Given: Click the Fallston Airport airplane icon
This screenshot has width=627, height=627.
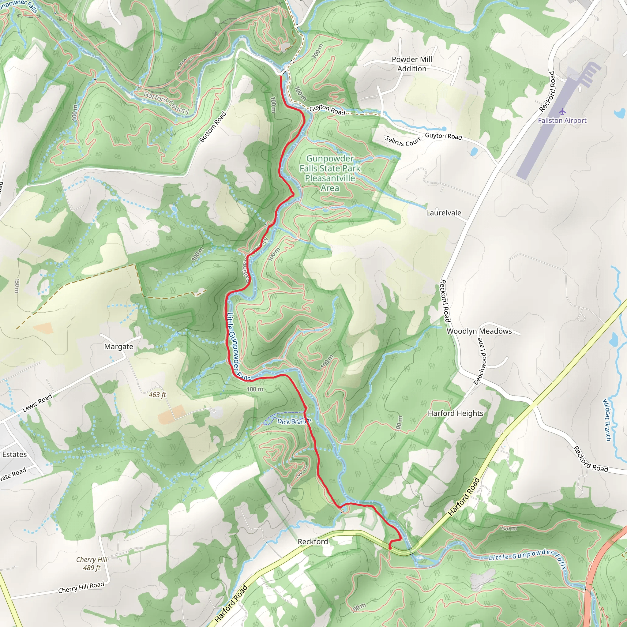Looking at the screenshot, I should click(x=562, y=112).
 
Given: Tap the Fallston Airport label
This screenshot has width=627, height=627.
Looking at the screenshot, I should click(x=562, y=120).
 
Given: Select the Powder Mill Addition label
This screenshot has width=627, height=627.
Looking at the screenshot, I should click(x=411, y=64).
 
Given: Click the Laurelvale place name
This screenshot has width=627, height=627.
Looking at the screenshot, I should click(x=443, y=213).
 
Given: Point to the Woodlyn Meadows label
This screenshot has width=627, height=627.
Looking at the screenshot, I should click(x=479, y=331).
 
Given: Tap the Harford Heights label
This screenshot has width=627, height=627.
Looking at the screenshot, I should click(x=455, y=413).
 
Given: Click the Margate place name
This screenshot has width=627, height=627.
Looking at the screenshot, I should click(x=118, y=347).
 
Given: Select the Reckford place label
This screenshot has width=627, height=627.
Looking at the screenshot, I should click(x=313, y=542).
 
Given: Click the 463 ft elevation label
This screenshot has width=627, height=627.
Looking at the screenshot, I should click(x=157, y=395).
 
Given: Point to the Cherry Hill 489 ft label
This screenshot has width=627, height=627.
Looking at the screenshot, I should click(x=92, y=563).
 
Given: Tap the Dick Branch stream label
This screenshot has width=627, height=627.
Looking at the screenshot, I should click(x=294, y=421).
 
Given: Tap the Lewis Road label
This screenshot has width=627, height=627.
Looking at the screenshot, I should click(x=37, y=403).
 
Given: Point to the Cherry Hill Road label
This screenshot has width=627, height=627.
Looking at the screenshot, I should click(x=81, y=588).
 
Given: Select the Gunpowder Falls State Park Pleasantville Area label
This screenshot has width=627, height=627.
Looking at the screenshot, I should click(x=330, y=173).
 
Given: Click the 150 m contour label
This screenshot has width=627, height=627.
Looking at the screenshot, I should click(x=17, y=286).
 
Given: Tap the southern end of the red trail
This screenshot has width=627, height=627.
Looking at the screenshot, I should click(x=390, y=548).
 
